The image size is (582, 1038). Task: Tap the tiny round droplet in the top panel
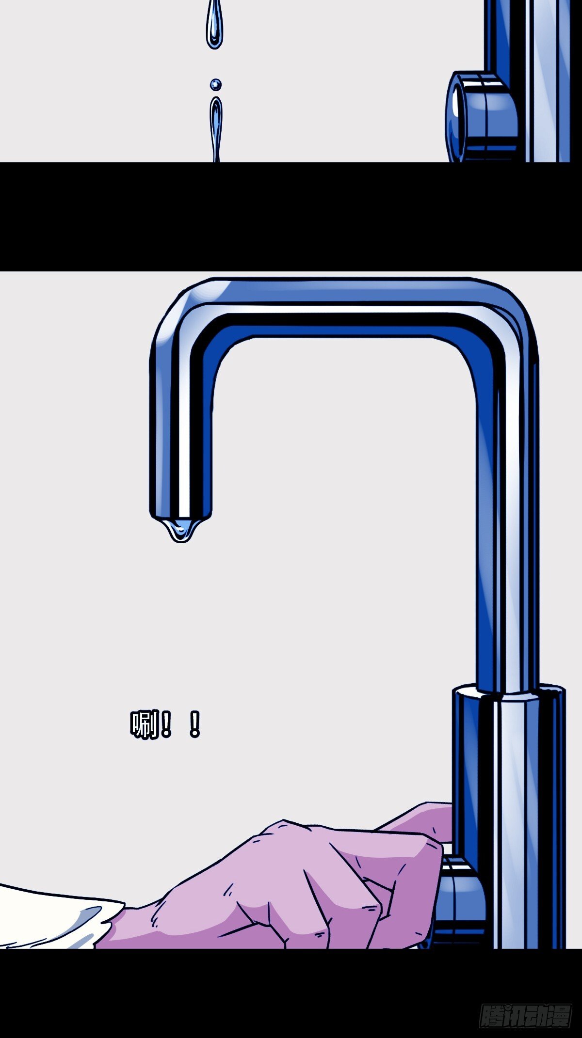point(215,85)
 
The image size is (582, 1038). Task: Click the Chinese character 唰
point(145,724)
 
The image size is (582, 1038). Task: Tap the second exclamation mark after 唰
point(194,724)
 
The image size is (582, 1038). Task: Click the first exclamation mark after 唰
point(166,724)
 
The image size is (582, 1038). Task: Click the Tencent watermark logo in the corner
point(526,1014)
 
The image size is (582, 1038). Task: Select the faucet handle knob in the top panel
point(480,116)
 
